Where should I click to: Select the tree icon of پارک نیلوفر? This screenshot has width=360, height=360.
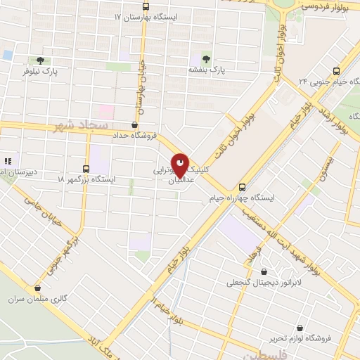(39, 60)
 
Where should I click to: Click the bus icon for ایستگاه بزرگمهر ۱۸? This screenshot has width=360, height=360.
(86, 169)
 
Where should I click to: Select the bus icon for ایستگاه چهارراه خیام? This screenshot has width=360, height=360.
(242, 188)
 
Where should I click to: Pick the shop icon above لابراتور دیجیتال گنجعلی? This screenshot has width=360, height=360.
(264, 272)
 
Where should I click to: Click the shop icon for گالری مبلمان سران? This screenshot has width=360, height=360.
(37, 288)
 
